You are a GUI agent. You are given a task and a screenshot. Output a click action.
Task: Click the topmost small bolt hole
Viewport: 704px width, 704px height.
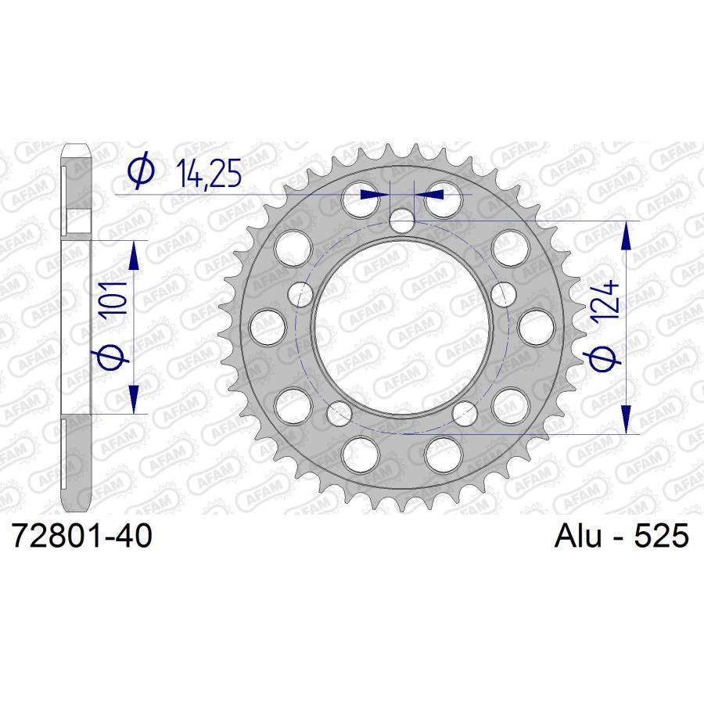[403, 220]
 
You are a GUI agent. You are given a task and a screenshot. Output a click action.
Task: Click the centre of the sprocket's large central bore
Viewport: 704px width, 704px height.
[403, 326]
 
